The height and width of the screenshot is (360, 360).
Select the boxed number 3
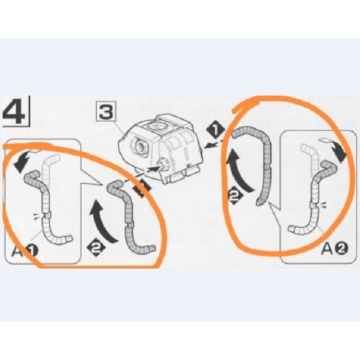click(106, 112)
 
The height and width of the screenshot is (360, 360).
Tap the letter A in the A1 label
click(17, 251)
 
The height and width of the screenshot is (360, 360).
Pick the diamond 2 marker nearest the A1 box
click(96, 247)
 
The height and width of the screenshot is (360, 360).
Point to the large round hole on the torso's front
click(140, 146)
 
